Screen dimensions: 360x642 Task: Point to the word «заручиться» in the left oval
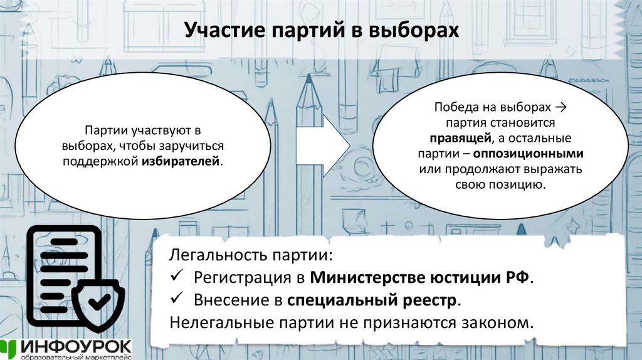point(189,146)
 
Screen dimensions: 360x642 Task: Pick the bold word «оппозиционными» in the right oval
point(529,154)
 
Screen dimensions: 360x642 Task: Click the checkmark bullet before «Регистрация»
point(176,277)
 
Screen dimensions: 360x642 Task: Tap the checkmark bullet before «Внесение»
point(176,299)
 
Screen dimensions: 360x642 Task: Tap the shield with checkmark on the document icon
point(97,302)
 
